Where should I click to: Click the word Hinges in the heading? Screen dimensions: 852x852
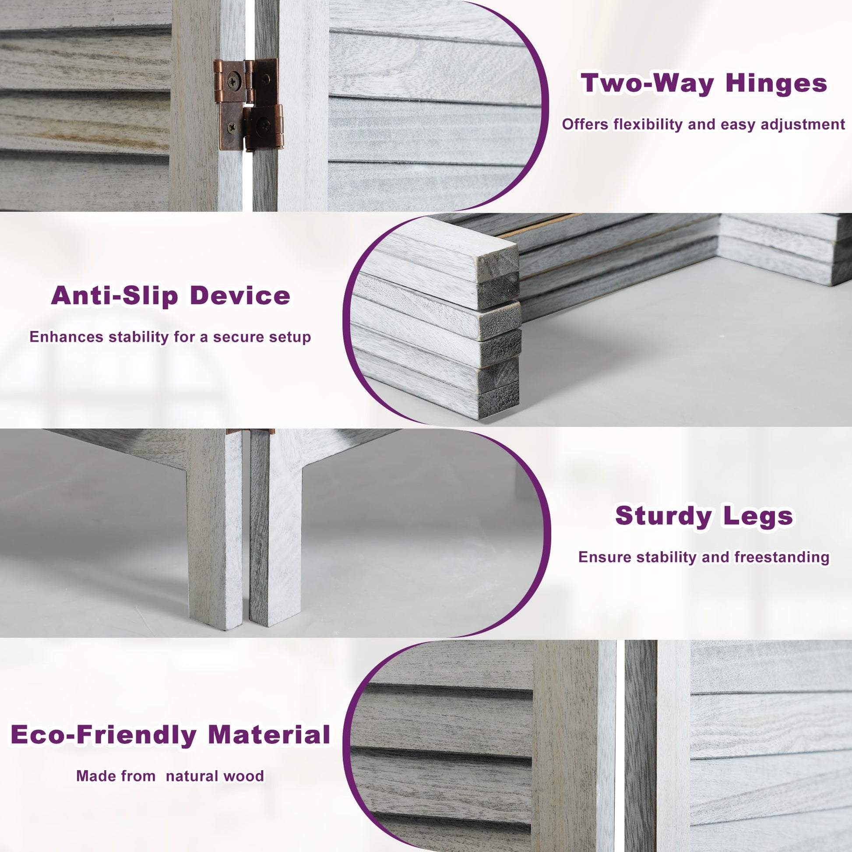coord(777,84)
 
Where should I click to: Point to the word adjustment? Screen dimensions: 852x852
coord(799,125)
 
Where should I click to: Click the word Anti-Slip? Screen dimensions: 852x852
coord(114,296)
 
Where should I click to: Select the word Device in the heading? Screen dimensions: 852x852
coord(240,296)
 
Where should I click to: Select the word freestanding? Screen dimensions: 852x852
coord(782,557)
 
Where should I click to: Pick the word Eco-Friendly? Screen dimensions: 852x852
coord(103,735)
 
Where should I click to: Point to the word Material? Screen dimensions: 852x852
coord(269,735)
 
